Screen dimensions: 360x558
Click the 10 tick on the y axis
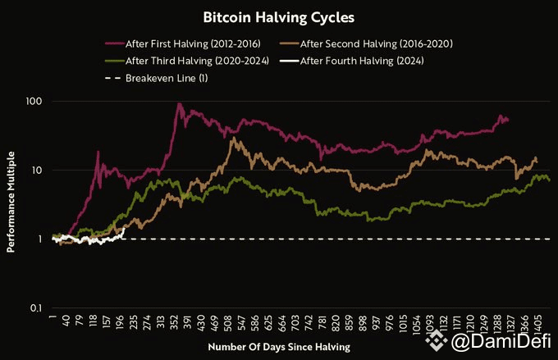35,171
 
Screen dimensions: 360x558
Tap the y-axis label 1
39,239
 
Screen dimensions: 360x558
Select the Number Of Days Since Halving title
278,348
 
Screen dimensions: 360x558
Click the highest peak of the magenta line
179,104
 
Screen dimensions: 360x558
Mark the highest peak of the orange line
234,138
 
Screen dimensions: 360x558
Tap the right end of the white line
124,229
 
